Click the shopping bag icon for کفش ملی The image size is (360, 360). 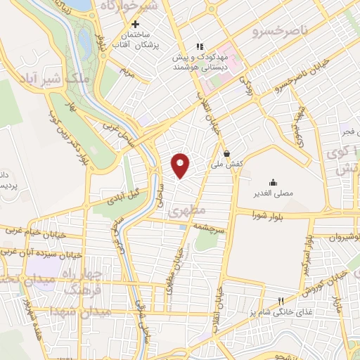click(226, 153)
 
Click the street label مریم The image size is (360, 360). click(126, 71)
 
